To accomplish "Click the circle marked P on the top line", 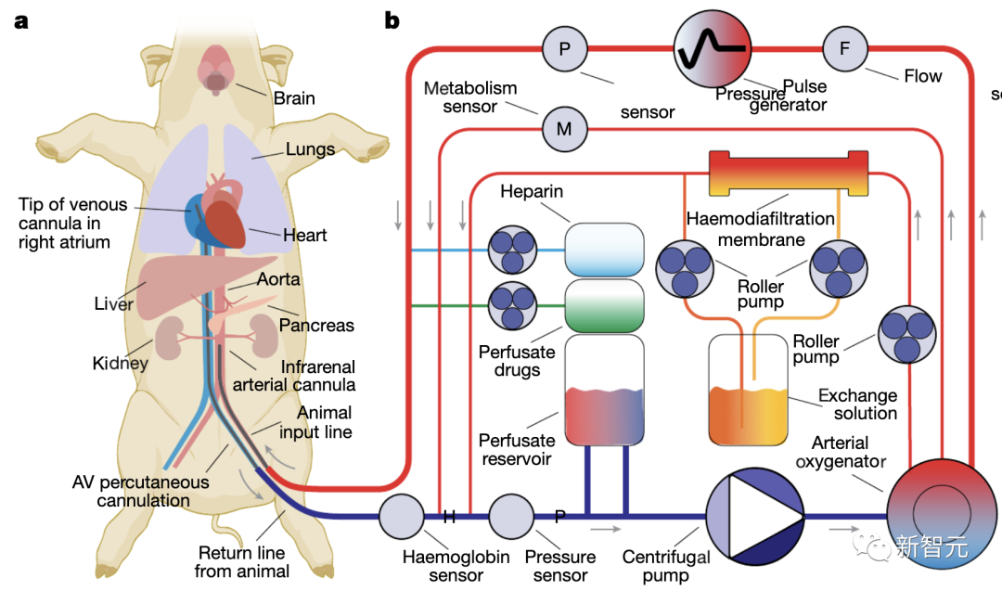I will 564,48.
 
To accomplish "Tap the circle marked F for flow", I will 844,48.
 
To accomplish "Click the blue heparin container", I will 604,249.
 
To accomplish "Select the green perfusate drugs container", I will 604,306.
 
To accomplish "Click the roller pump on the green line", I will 512,305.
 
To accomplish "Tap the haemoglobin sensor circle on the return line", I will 401,515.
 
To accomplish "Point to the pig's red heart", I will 225,224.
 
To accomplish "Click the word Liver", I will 114,303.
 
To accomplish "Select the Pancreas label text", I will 316,325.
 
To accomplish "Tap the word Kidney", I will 120,363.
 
